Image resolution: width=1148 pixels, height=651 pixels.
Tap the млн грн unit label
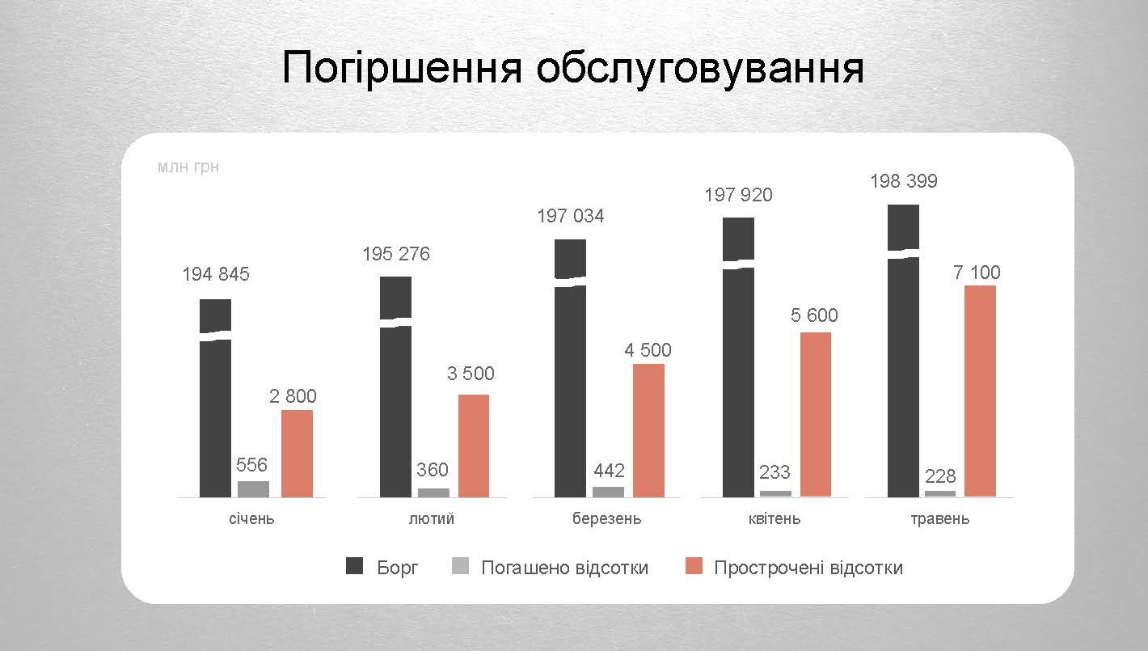(188, 167)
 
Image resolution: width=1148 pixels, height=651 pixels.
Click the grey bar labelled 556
(253, 488)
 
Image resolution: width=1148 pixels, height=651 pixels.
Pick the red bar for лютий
(473, 446)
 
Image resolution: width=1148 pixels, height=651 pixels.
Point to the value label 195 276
(396, 254)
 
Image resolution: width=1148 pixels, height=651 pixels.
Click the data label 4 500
(648, 350)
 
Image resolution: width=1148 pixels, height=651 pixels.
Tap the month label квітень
(774, 518)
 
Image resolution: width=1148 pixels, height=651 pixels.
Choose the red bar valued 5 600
(815, 414)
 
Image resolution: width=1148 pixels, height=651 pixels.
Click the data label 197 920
(738, 195)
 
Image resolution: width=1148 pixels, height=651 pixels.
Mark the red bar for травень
(980, 391)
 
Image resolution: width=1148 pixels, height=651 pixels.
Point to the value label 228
(940, 476)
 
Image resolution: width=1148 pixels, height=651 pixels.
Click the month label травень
(939, 518)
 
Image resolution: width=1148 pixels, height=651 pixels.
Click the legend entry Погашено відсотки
(564, 567)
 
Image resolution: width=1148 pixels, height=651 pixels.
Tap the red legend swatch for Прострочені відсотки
(694, 566)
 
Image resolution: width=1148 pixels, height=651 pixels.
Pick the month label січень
(251, 518)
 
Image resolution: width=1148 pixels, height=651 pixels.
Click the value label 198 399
(903, 181)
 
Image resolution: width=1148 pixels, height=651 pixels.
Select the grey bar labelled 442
(608, 492)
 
